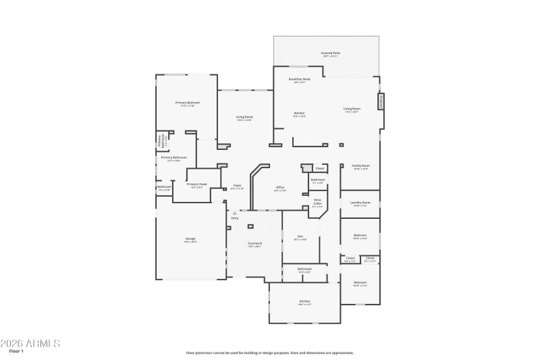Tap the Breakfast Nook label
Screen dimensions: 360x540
[x=299, y=80]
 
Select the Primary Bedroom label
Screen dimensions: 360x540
[x=188, y=103]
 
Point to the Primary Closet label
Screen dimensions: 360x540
[x=196, y=184]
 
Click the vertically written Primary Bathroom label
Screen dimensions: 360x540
[x=161, y=141]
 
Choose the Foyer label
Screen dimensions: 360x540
[x=237, y=186]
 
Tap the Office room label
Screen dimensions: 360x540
[x=279, y=188]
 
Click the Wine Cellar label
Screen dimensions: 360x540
[x=317, y=202]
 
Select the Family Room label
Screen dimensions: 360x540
[x=360, y=166]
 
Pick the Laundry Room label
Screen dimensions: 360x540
[x=360, y=203]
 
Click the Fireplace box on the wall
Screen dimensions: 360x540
[x=381, y=101]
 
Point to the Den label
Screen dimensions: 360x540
[x=300, y=237]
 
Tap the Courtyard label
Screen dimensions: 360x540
[x=254, y=244]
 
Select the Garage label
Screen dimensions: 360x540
[x=190, y=240]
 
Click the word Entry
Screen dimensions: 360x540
[x=235, y=218]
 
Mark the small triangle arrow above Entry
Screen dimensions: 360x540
[x=235, y=213]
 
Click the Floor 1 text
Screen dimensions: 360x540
[x=16, y=351]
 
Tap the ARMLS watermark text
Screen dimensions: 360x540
[x=30, y=343]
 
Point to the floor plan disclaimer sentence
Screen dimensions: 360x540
[x=269, y=353]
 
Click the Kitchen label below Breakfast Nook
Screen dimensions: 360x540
[x=299, y=113]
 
